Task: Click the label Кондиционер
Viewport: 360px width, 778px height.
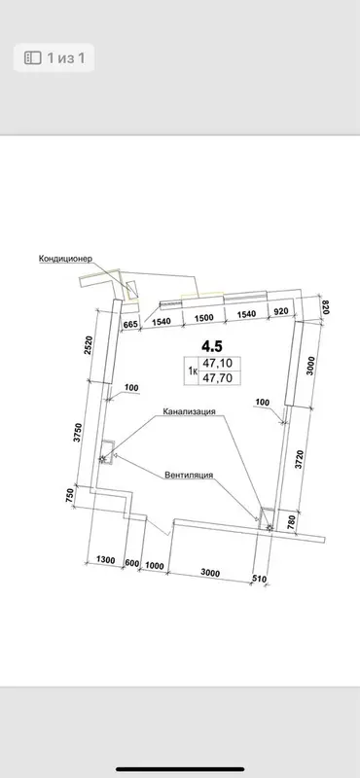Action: (x=65, y=260)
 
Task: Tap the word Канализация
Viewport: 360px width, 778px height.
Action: (x=189, y=411)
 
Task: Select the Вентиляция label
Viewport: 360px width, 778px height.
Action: (x=189, y=475)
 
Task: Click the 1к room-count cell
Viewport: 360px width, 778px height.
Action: (x=191, y=371)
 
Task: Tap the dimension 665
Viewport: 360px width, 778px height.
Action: (x=130, y=324)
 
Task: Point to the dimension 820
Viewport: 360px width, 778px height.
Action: (x=325, y=307)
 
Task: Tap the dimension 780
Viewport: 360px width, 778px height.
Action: (x=291, y=521)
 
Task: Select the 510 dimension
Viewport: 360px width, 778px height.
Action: (x=259, y=579)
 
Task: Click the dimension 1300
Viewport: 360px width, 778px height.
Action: (x=105, y=560)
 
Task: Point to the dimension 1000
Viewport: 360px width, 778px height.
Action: (x=155, y=566)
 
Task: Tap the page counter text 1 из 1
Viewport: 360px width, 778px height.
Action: (x=66, y=58)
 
